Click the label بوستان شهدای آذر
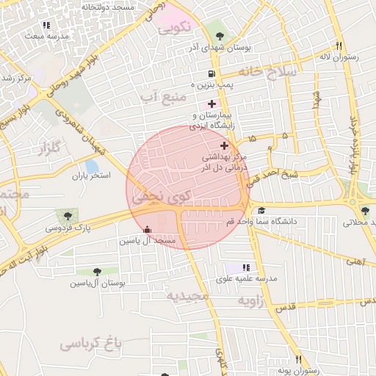(x=220, y=47)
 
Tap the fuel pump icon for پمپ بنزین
(x=212, y=73)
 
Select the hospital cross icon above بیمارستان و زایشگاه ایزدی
(x=211, y=104)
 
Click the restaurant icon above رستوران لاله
(x=339, y=45)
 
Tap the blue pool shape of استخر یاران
(x=92, y=167)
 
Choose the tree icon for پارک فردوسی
(x=68, y=216)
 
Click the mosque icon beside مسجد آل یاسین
(x=148, y=228)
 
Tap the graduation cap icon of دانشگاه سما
(x=261, y=211)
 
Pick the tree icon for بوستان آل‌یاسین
(x=97, y=272)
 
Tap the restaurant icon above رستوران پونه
(x=298, y=359)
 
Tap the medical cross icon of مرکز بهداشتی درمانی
(x=224, y=146)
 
